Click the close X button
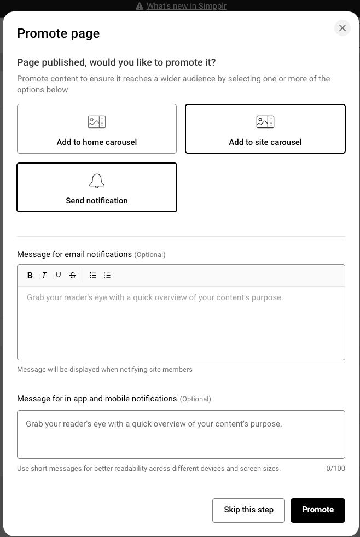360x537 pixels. [342, 28]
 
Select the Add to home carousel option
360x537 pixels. [97, 129]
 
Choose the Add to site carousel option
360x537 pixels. [265, 129]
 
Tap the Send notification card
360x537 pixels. [97, 188]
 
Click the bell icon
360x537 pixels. [97, 181]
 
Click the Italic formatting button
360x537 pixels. [44, 276]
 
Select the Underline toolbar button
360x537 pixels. [59, 276]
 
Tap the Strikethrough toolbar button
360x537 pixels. [73, 276]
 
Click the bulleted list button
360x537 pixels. [93, 276]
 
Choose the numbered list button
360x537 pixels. [107, 276]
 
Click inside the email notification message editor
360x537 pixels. [181, 323]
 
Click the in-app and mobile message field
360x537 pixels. [181, 434]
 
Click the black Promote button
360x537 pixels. [317, 510]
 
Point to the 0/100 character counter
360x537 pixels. [335, 469]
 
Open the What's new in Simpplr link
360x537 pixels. [186, 6]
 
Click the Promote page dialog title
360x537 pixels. [59, 33]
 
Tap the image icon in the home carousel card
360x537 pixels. [97, 122]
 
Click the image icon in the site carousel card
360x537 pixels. [265, 122]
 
